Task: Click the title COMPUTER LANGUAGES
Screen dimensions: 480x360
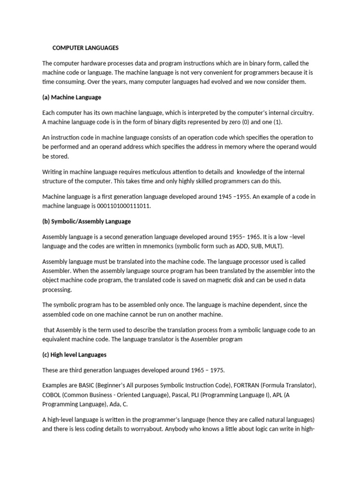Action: (85, 48)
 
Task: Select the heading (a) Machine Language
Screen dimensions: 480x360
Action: (72, 97)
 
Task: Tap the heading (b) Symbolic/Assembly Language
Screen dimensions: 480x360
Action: (86, 221)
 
